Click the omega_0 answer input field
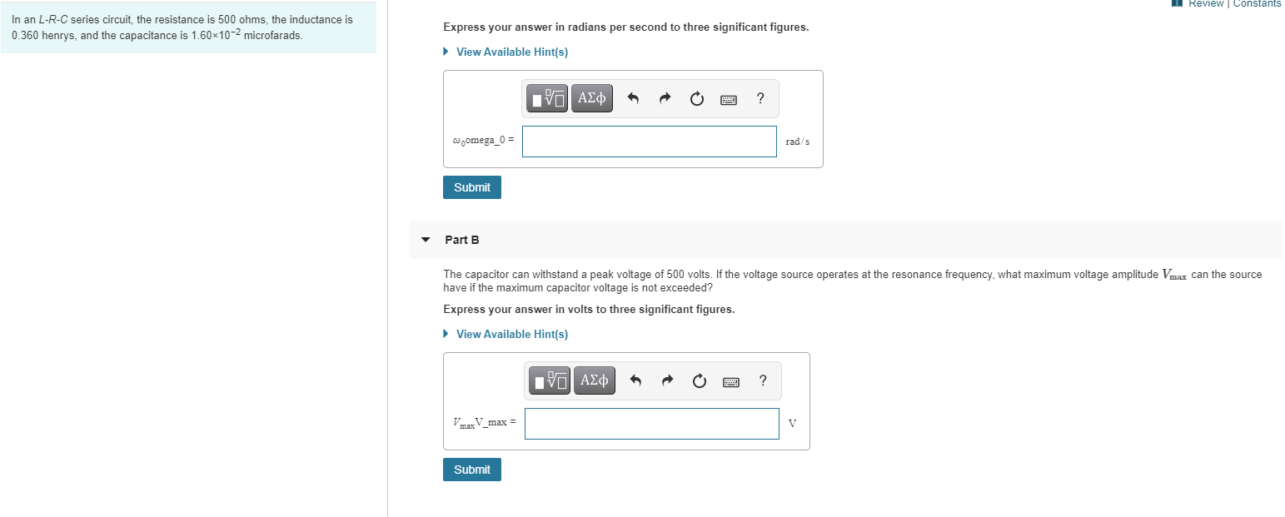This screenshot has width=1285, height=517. point(649,142)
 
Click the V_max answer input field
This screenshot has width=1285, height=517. point(651,424)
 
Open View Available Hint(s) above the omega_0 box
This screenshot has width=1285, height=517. point(511,52)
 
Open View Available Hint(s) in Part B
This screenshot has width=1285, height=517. point(511,334)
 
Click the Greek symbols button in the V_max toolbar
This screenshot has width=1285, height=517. point(593,381)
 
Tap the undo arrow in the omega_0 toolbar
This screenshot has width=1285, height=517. point(633,99)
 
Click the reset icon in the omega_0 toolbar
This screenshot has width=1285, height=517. point(696,99)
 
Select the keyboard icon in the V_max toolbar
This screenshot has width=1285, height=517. point(730,381)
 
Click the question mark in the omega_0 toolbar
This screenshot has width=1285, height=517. point(760,99)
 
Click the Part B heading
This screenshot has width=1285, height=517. point(462,240)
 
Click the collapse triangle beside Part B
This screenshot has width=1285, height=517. point(426,240)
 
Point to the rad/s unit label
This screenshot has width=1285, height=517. point(797,142)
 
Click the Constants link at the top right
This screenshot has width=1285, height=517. point(1257,4)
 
